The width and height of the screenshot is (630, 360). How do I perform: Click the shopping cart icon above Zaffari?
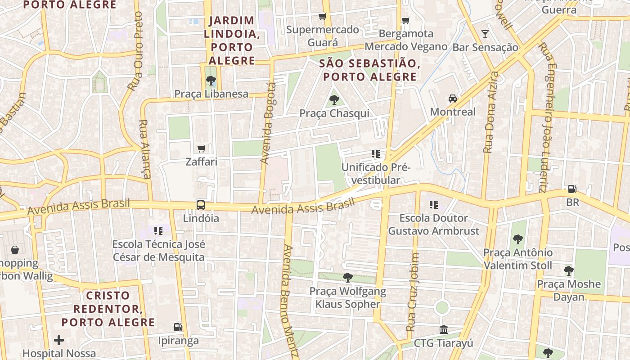click(201, 148)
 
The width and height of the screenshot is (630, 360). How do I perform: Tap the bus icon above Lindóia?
click(201, 205)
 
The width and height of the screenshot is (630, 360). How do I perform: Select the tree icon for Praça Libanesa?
click(210, 81)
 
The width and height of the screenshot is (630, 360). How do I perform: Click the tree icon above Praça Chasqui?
click(334, 100)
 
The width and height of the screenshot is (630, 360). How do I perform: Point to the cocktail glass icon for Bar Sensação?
click(485, 34)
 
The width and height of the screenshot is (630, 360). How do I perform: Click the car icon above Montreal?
click(452, 99)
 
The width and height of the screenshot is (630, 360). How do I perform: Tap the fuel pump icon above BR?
click(572, 189)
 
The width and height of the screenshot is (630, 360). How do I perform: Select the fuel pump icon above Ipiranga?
click(178, 327)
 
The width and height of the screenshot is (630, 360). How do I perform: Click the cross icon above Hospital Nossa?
click(59, 340)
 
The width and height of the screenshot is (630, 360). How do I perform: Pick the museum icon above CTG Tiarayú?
click(443, 329)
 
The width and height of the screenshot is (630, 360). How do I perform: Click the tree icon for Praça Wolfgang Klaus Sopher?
click(347, 277)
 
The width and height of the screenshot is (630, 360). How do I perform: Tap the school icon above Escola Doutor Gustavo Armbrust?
click(433, 205)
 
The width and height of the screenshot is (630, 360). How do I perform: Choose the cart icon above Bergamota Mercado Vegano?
click(405, 20)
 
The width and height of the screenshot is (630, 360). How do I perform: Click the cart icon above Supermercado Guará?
click(322, 17)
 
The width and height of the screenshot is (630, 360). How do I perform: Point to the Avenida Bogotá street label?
click(268, 123)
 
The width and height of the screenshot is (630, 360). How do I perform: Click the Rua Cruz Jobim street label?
click(413, 292)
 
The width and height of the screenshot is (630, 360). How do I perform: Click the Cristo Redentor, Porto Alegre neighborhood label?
click(108, 309)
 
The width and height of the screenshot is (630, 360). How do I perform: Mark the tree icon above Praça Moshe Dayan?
click(569, 270)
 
